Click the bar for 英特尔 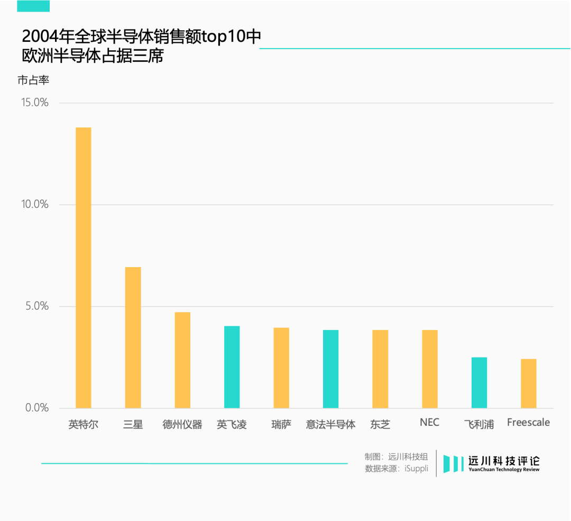click(84, 268)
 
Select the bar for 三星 click(133, 337)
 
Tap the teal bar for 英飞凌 click(232, 367)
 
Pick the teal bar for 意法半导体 click(330, 369)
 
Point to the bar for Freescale click(528, 383)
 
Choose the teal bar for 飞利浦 click(479, 382)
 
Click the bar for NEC click(429, 369)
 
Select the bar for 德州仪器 click(182, 360)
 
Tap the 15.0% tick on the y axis click(35, 103)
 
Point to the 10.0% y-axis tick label click(35, 205)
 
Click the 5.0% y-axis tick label click(37, 306)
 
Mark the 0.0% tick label click(37, 408)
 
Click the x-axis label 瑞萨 click(281, 424)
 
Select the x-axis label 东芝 click(380, 424)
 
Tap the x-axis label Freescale click(528, 423)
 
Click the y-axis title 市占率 click(33, 80)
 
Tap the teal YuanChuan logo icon click(454, 463)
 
